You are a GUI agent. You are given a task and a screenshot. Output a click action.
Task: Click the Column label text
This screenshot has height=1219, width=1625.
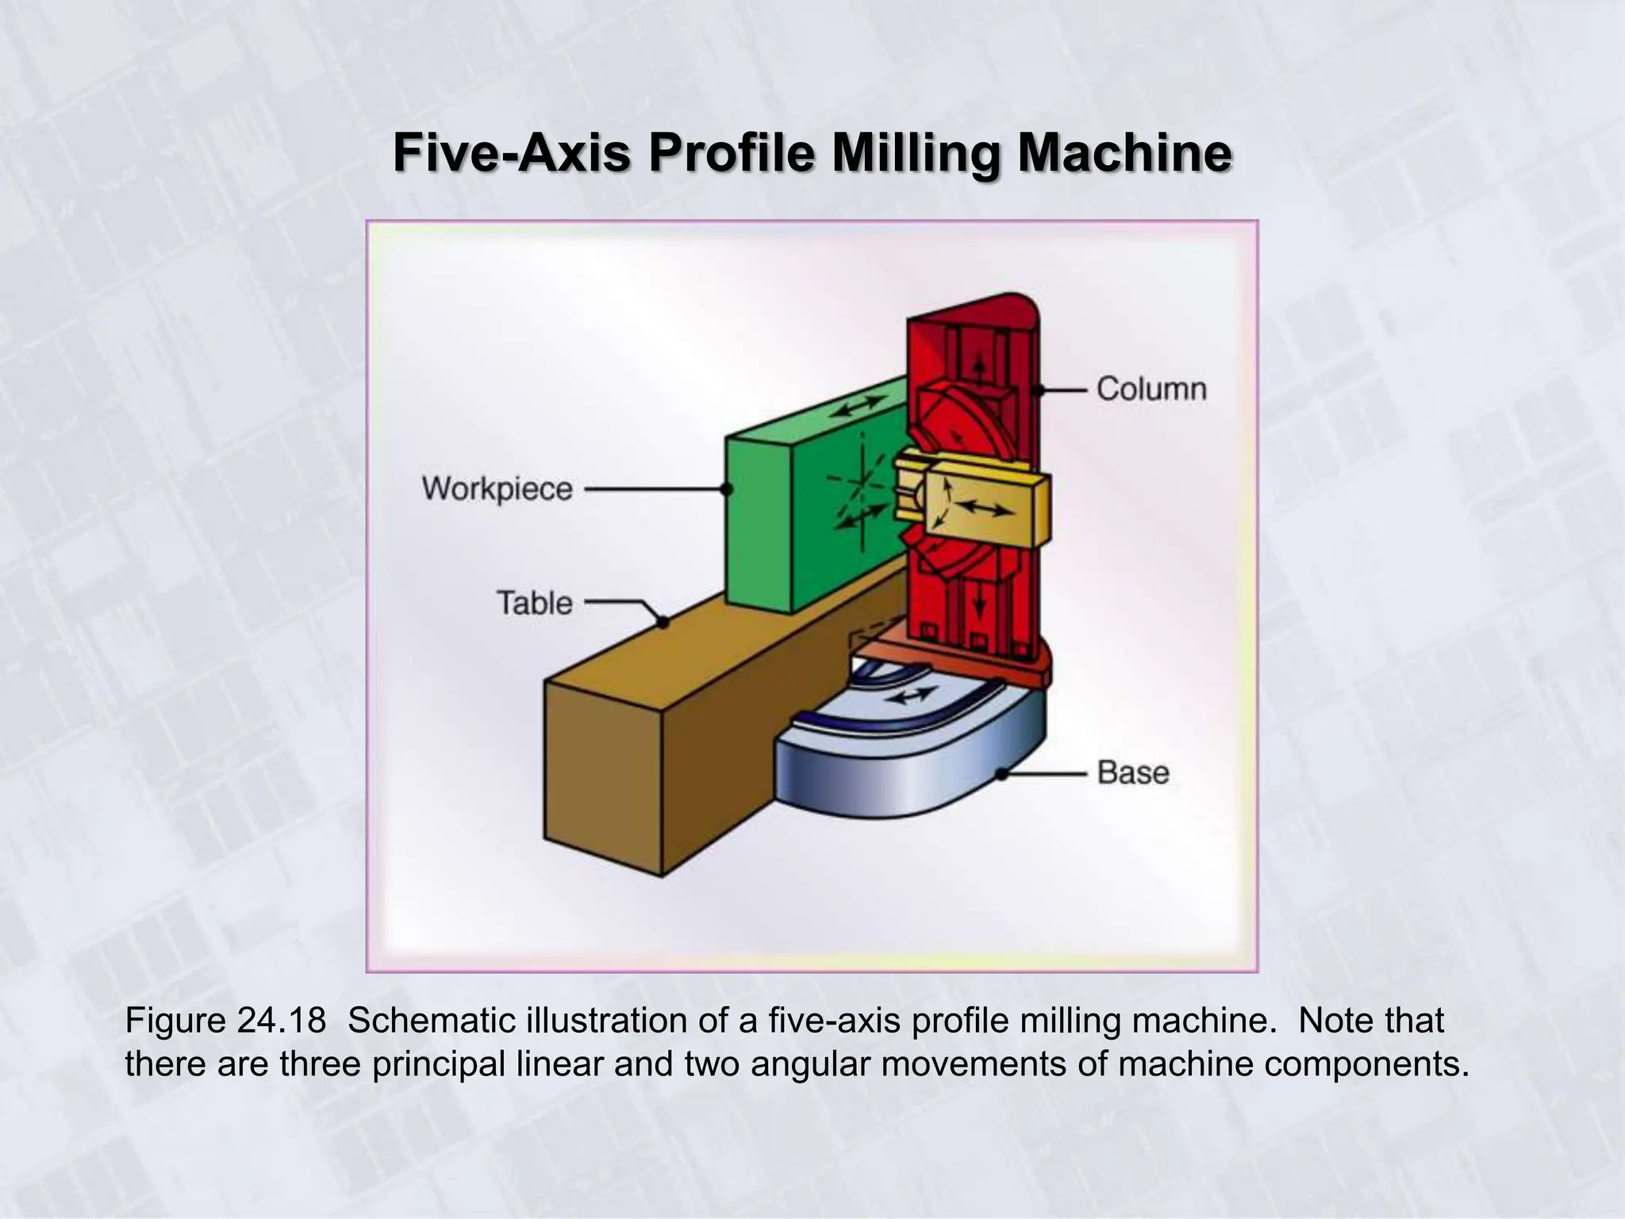[x=1151, y=389]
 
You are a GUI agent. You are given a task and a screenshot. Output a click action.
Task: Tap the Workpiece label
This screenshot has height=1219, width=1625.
[x=497, y=489]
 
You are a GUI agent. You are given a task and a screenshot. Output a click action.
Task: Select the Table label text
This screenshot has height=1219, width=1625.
[x=534, y=603]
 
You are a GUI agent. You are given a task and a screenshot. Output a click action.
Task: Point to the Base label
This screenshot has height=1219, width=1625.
[x=1132, y=772]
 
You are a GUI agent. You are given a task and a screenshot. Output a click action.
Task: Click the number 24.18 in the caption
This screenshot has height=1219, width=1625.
[x=281, y=1021]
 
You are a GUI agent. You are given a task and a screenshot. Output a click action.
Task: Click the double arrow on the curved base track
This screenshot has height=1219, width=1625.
[x=910, y=697]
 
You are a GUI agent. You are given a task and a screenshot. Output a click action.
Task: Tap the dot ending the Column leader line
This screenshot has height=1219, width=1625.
[x=1037, y=390]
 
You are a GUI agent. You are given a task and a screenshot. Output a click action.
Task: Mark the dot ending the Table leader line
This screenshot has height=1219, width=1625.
[x=663, y=623]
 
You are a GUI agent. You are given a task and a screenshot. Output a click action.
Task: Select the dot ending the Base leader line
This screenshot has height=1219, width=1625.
[x=1002, y=773]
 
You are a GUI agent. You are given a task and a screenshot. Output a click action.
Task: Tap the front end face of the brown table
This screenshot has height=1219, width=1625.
[x=603, y=778]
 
